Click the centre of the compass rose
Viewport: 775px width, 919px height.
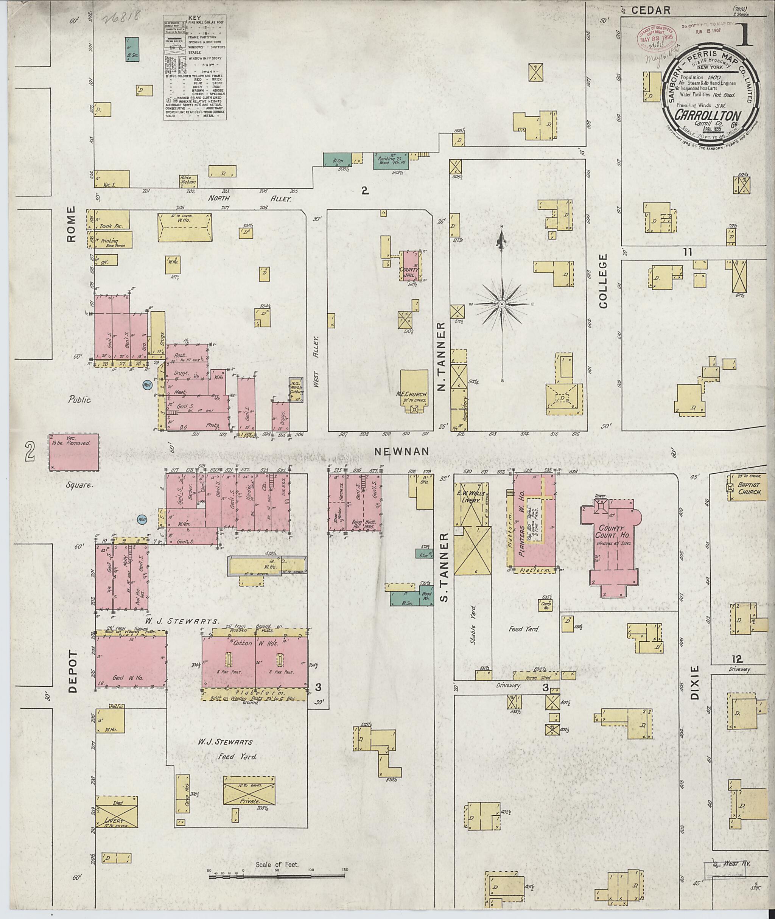coord(502,304)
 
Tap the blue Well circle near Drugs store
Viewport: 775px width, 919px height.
coord(148,384)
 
